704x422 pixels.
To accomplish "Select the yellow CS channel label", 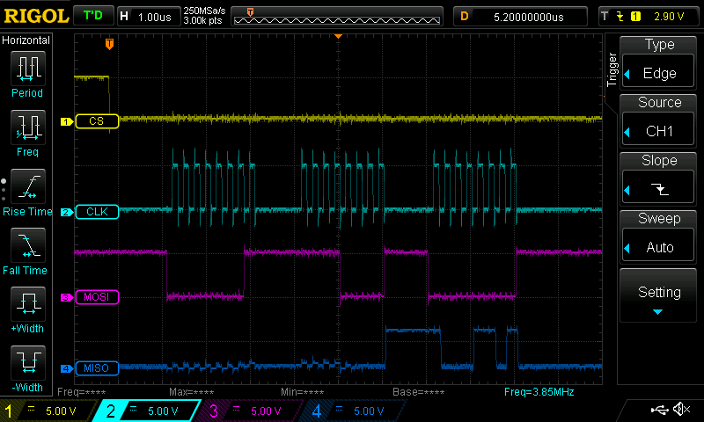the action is coord(96,121).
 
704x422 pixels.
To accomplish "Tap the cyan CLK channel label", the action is coord(96,212).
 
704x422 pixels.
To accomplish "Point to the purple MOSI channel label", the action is coord(96,297).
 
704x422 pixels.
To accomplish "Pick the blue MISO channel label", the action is coord(96,367).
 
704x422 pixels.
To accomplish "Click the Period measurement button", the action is coord(27,74).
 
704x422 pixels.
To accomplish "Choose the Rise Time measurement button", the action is coord(27,193).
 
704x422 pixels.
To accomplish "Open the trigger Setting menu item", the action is coord(659,297).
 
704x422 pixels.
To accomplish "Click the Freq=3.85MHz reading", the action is coord(538,391).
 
